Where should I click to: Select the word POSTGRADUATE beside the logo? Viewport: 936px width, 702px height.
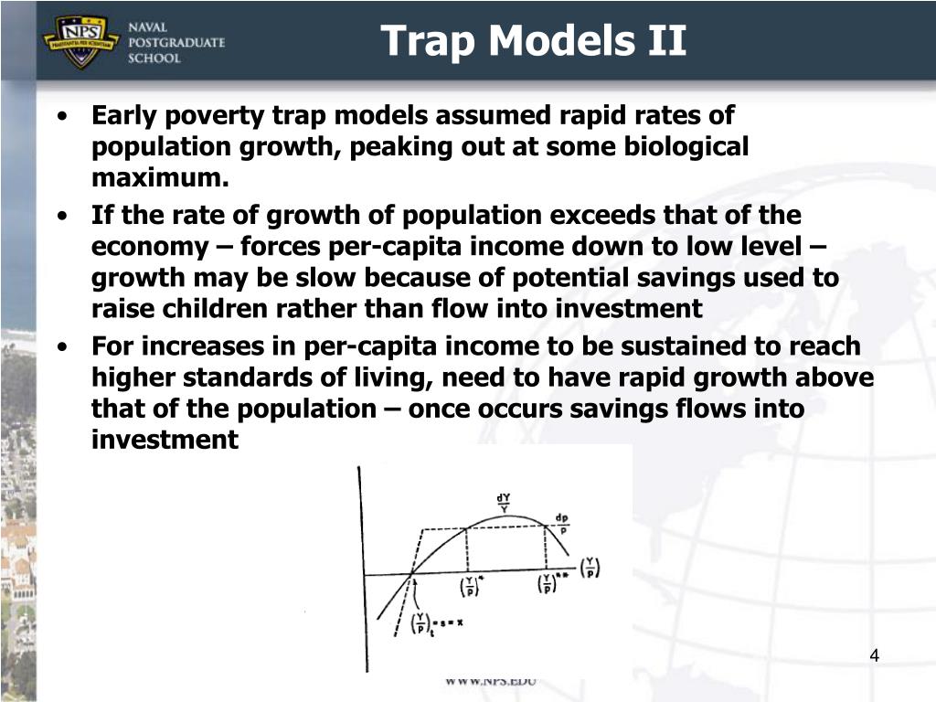click(182, 42)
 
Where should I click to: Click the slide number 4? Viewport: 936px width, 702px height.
click(875, 655)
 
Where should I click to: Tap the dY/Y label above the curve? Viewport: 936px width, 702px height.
click(504, 502)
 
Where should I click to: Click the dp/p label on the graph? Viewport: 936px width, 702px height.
click(561, 522)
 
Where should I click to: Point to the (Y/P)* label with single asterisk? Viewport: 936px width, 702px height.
click(471, 585)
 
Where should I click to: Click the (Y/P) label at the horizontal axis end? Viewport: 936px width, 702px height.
click(592, 569)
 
